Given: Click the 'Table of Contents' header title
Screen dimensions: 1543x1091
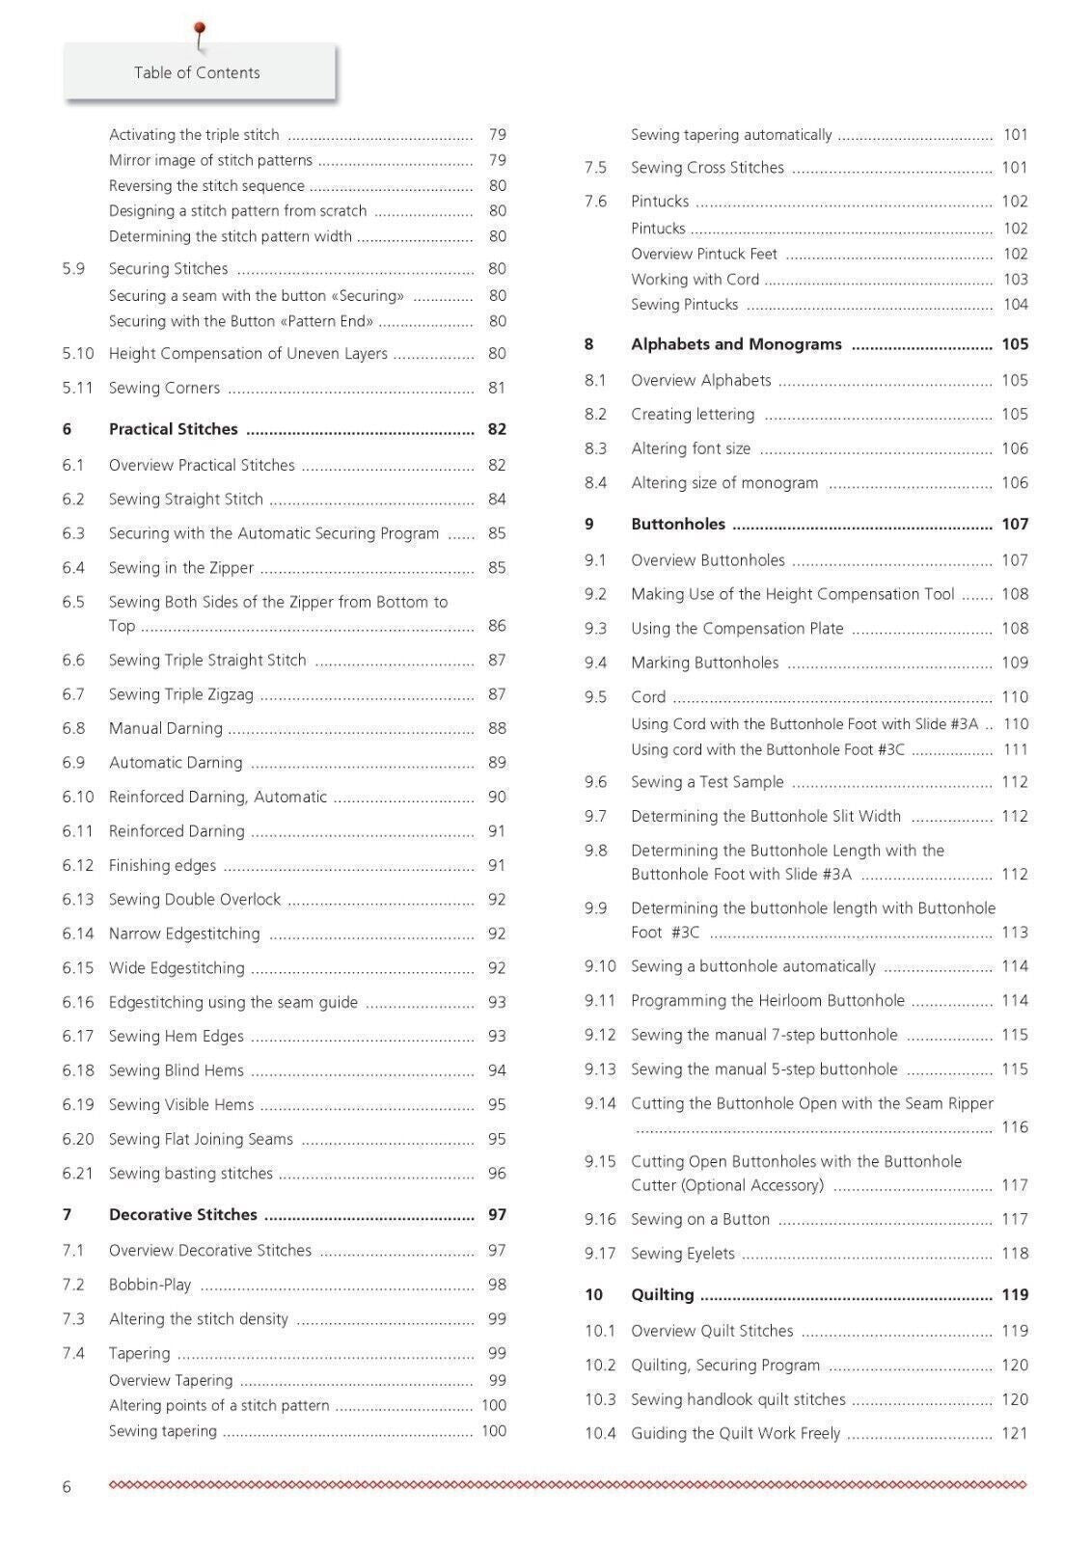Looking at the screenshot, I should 197,72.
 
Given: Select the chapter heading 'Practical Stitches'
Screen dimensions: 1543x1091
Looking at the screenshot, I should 173,429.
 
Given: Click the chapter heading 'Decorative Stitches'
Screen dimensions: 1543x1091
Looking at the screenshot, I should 182,1214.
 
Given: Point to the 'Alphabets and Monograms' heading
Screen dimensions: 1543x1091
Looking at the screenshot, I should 736,344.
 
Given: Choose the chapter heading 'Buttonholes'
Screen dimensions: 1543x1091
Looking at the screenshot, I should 677,524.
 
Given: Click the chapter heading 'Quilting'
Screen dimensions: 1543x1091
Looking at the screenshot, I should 662,1294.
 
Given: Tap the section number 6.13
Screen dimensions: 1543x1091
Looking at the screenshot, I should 78,899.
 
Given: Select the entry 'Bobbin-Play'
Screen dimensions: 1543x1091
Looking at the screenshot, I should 150,1285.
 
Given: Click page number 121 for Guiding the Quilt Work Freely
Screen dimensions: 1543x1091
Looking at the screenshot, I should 1015,1433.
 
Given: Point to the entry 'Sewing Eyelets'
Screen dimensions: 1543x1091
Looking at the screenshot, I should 682,1253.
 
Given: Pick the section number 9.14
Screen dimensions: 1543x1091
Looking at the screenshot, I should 600,1103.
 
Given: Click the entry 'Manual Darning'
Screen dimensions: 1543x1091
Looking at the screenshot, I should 165,728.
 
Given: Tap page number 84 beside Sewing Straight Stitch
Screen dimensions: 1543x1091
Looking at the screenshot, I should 497,499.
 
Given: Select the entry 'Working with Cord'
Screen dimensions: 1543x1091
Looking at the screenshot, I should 695,279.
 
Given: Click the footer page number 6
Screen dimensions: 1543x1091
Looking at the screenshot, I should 67,1486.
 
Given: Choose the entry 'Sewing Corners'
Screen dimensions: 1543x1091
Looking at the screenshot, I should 164,388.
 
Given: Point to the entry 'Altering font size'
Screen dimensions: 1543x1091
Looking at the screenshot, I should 690,448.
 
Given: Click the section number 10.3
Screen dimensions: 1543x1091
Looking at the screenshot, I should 600,1398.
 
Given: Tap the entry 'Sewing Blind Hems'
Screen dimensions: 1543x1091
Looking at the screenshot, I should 176,1070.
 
